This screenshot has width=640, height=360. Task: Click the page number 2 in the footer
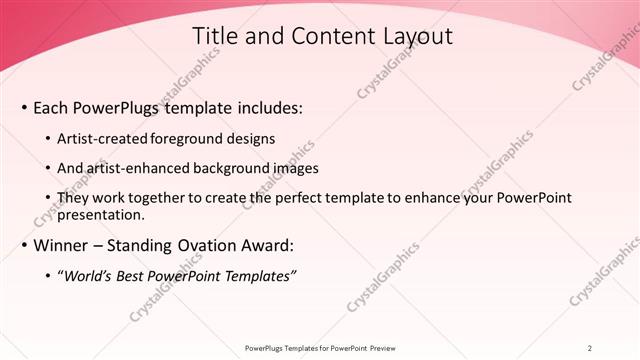590,347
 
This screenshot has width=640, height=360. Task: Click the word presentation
103,214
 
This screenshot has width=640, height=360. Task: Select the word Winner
62,244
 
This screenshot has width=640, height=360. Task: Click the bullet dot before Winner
24,245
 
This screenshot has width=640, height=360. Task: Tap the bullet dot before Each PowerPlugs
24,108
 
